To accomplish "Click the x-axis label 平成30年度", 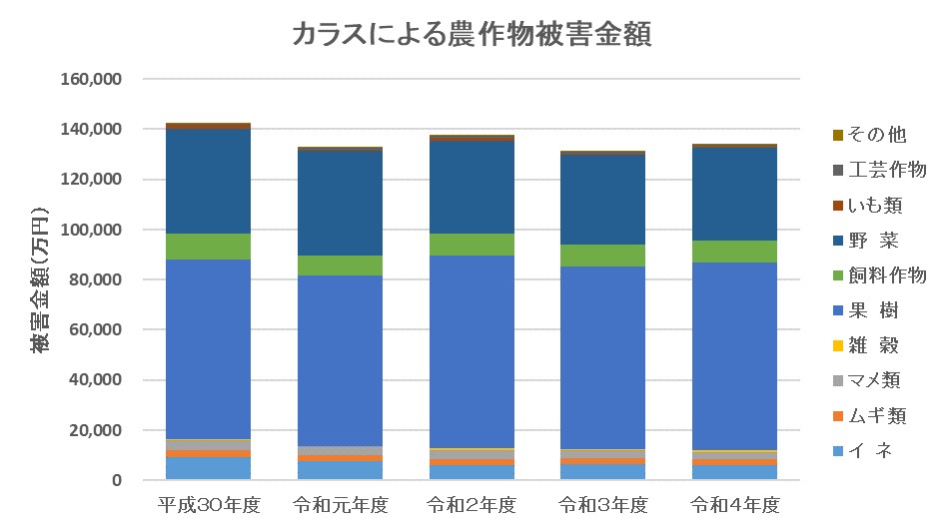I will pyautogui.click(x=209, y=504).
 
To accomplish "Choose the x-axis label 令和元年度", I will pyautogui.click(x=341, y=504).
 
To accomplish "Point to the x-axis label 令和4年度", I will pyautogui.click(x=735, y=504).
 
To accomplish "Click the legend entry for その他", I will pyautogui.click(x=876, y=135).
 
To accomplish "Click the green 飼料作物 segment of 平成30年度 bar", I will pyautogui.click(x=208, y=247).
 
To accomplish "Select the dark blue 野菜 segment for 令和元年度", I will pyautogui.click(x=340, y=204).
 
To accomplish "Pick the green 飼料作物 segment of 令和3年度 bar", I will pyautogui.click(x=603, y=256).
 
